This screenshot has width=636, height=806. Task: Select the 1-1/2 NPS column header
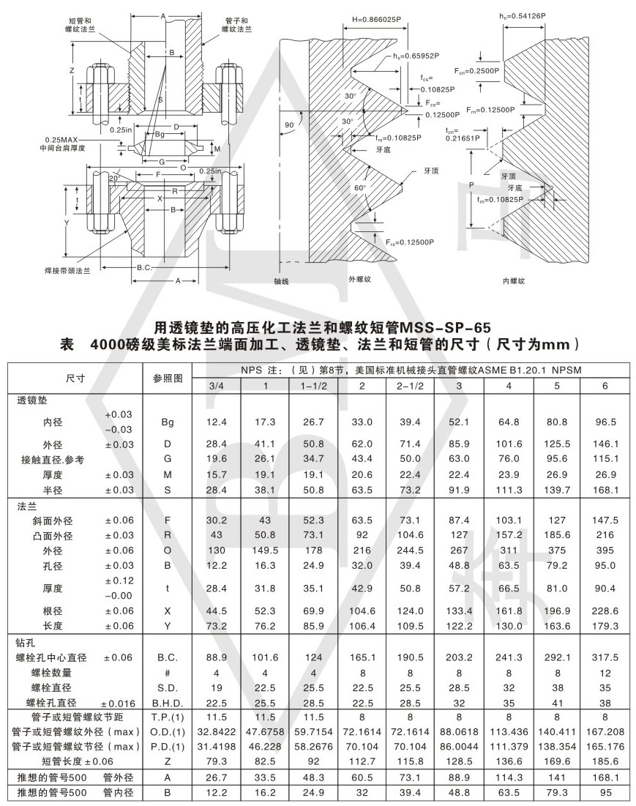coord(313,385)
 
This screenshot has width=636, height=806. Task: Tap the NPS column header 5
coord(556,385)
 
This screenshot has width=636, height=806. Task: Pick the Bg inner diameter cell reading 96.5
coord(605,422)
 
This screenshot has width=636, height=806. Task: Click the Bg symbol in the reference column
coord(168,422)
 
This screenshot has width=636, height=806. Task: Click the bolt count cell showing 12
coord(605,672)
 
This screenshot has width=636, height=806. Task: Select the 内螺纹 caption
coord(515,280)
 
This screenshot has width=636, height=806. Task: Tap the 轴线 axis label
coord(282,280)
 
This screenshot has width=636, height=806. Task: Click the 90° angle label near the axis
coord(291,125)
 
